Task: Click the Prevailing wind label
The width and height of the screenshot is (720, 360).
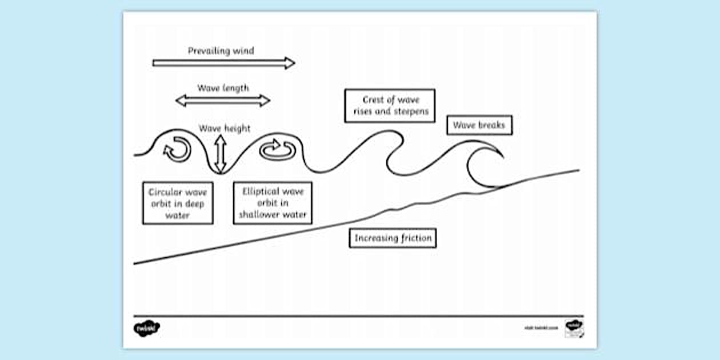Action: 221,51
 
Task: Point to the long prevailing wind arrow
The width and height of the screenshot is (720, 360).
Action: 223,63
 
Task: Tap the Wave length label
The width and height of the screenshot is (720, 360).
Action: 223,88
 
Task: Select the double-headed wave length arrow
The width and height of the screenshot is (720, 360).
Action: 222,101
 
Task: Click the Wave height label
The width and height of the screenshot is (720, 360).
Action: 225,129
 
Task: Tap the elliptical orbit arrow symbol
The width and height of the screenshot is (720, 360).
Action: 277,150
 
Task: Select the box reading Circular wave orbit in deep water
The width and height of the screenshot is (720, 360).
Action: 178,203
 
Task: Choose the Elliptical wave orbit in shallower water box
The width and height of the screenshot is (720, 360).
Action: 273,203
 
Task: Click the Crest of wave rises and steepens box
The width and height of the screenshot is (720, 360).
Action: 390,106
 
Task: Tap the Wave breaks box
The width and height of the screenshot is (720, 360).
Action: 479,125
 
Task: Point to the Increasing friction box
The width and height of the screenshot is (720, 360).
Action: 393,238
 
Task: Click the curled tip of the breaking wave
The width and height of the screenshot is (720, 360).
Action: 498,153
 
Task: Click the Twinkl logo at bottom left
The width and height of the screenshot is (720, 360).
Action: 147,329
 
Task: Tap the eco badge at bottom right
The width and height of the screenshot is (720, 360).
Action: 574,328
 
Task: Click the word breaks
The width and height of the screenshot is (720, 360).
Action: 492,125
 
